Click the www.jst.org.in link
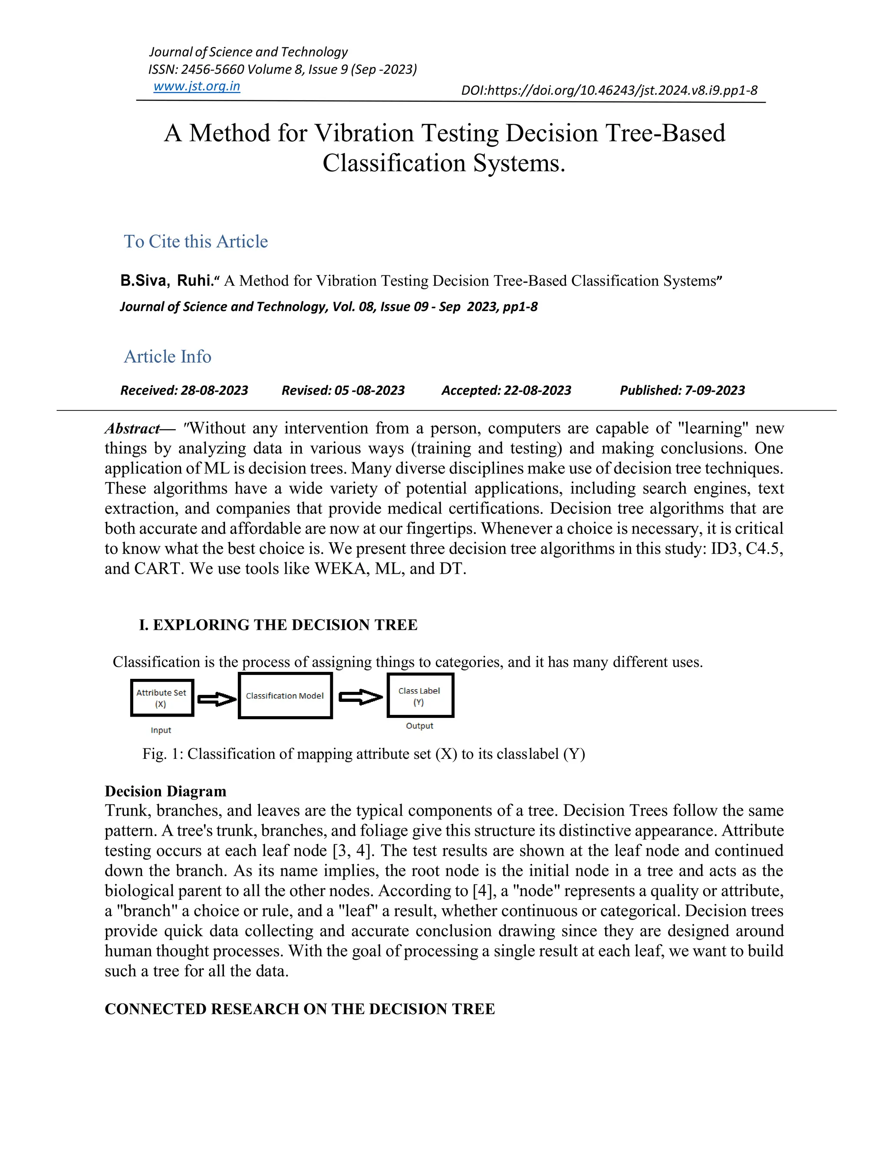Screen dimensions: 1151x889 [197, 86]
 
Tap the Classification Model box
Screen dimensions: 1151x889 [285, 696]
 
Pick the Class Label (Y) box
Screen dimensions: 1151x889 [420, 696]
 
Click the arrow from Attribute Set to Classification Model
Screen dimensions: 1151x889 [217, 699]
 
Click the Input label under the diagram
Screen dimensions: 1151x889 [161, 731]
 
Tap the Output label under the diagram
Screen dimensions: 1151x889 [419, 726]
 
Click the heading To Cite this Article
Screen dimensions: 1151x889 [195, 241]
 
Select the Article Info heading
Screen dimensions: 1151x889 [168, 357]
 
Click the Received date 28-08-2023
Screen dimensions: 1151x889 [214, 390]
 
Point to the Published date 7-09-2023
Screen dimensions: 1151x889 [714, 390]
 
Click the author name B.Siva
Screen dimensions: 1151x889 [143, 281]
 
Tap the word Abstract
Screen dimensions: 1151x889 [132, 428]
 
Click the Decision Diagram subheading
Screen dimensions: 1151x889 [165, 791]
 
